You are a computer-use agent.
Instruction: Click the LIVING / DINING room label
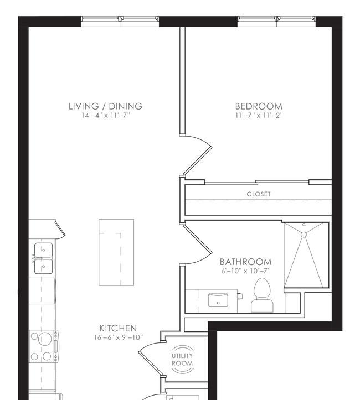click(105, 106)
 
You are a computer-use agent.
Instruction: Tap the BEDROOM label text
click(259, 106)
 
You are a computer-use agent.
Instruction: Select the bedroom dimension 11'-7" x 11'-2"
click(259, 115)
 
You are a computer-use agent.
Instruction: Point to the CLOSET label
click(259, 194)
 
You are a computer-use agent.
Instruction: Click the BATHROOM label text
click(245, 262)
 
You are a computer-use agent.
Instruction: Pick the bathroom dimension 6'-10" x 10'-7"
click(245, 271)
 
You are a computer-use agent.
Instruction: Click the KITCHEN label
click(118, 328)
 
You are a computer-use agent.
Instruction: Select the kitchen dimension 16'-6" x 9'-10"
click(118, 337)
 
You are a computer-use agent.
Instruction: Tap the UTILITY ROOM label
click(182, 360)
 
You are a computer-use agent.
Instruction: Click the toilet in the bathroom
click(262, 295)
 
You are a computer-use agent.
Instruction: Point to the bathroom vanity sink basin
click(218, 299)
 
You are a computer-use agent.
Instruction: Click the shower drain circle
click(304, 235)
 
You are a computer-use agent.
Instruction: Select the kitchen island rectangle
click(116, 252)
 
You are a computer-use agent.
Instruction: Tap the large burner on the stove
click(45, 339)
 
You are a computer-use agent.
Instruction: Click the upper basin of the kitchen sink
click(44, 250)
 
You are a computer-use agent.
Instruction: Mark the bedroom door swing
click(198, 155)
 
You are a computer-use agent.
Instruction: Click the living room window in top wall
click(120, 22)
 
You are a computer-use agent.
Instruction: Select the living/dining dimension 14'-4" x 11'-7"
click(105, 115)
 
